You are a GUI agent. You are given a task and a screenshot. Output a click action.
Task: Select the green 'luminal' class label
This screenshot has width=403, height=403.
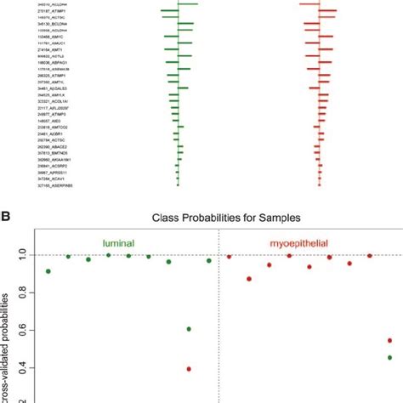pos(119,242)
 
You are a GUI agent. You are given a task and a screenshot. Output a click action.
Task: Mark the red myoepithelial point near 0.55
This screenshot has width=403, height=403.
pos(389,340)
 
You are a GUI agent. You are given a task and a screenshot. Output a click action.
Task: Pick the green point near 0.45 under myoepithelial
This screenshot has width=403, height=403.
pos(389,357)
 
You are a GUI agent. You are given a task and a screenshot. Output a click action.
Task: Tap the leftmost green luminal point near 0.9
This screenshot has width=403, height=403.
pos(48,271)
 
